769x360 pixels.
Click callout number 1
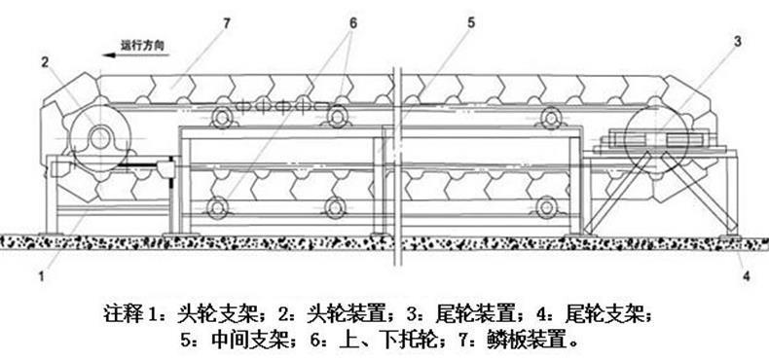(42, 275)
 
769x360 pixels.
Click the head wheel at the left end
(98, 137)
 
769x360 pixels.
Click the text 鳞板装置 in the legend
(537, 341)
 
